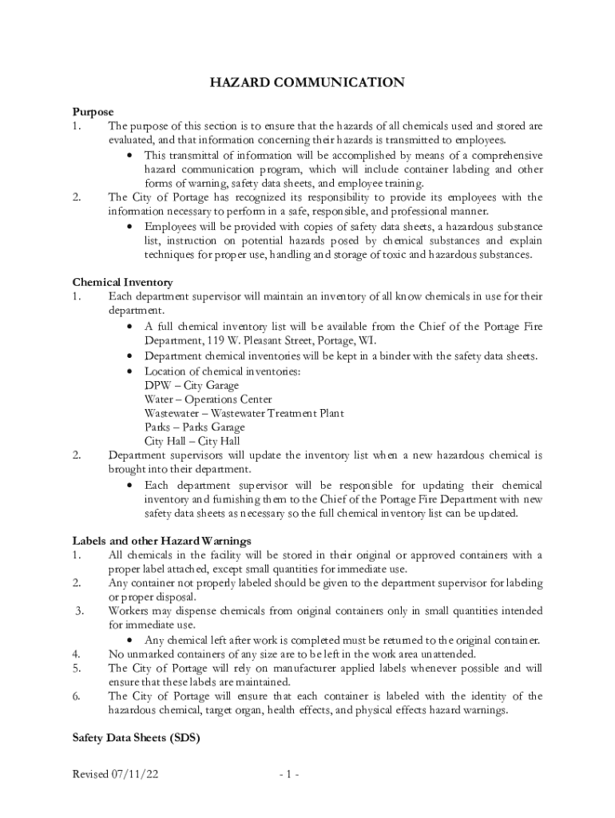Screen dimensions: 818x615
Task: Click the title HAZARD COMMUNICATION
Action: point(307,82)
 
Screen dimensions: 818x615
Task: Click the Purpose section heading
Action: point(93,112)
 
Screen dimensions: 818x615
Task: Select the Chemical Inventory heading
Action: point(122,282)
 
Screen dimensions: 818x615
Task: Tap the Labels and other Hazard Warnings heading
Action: point(162,541)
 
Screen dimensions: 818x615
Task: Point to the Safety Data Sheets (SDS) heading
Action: point(135,739)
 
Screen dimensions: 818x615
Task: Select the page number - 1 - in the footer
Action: point(289,775)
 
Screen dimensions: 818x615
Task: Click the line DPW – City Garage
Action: point(191,386)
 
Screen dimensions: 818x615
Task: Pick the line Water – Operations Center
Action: point(208,399)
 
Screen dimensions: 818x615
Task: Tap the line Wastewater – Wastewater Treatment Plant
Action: point(244,413)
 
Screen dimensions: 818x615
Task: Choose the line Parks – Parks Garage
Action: point(194,427)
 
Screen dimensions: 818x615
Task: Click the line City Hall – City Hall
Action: point(192,441)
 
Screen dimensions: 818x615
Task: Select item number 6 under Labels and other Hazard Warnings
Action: point(75,696)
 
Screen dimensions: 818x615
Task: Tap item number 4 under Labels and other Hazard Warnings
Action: point(75,653)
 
